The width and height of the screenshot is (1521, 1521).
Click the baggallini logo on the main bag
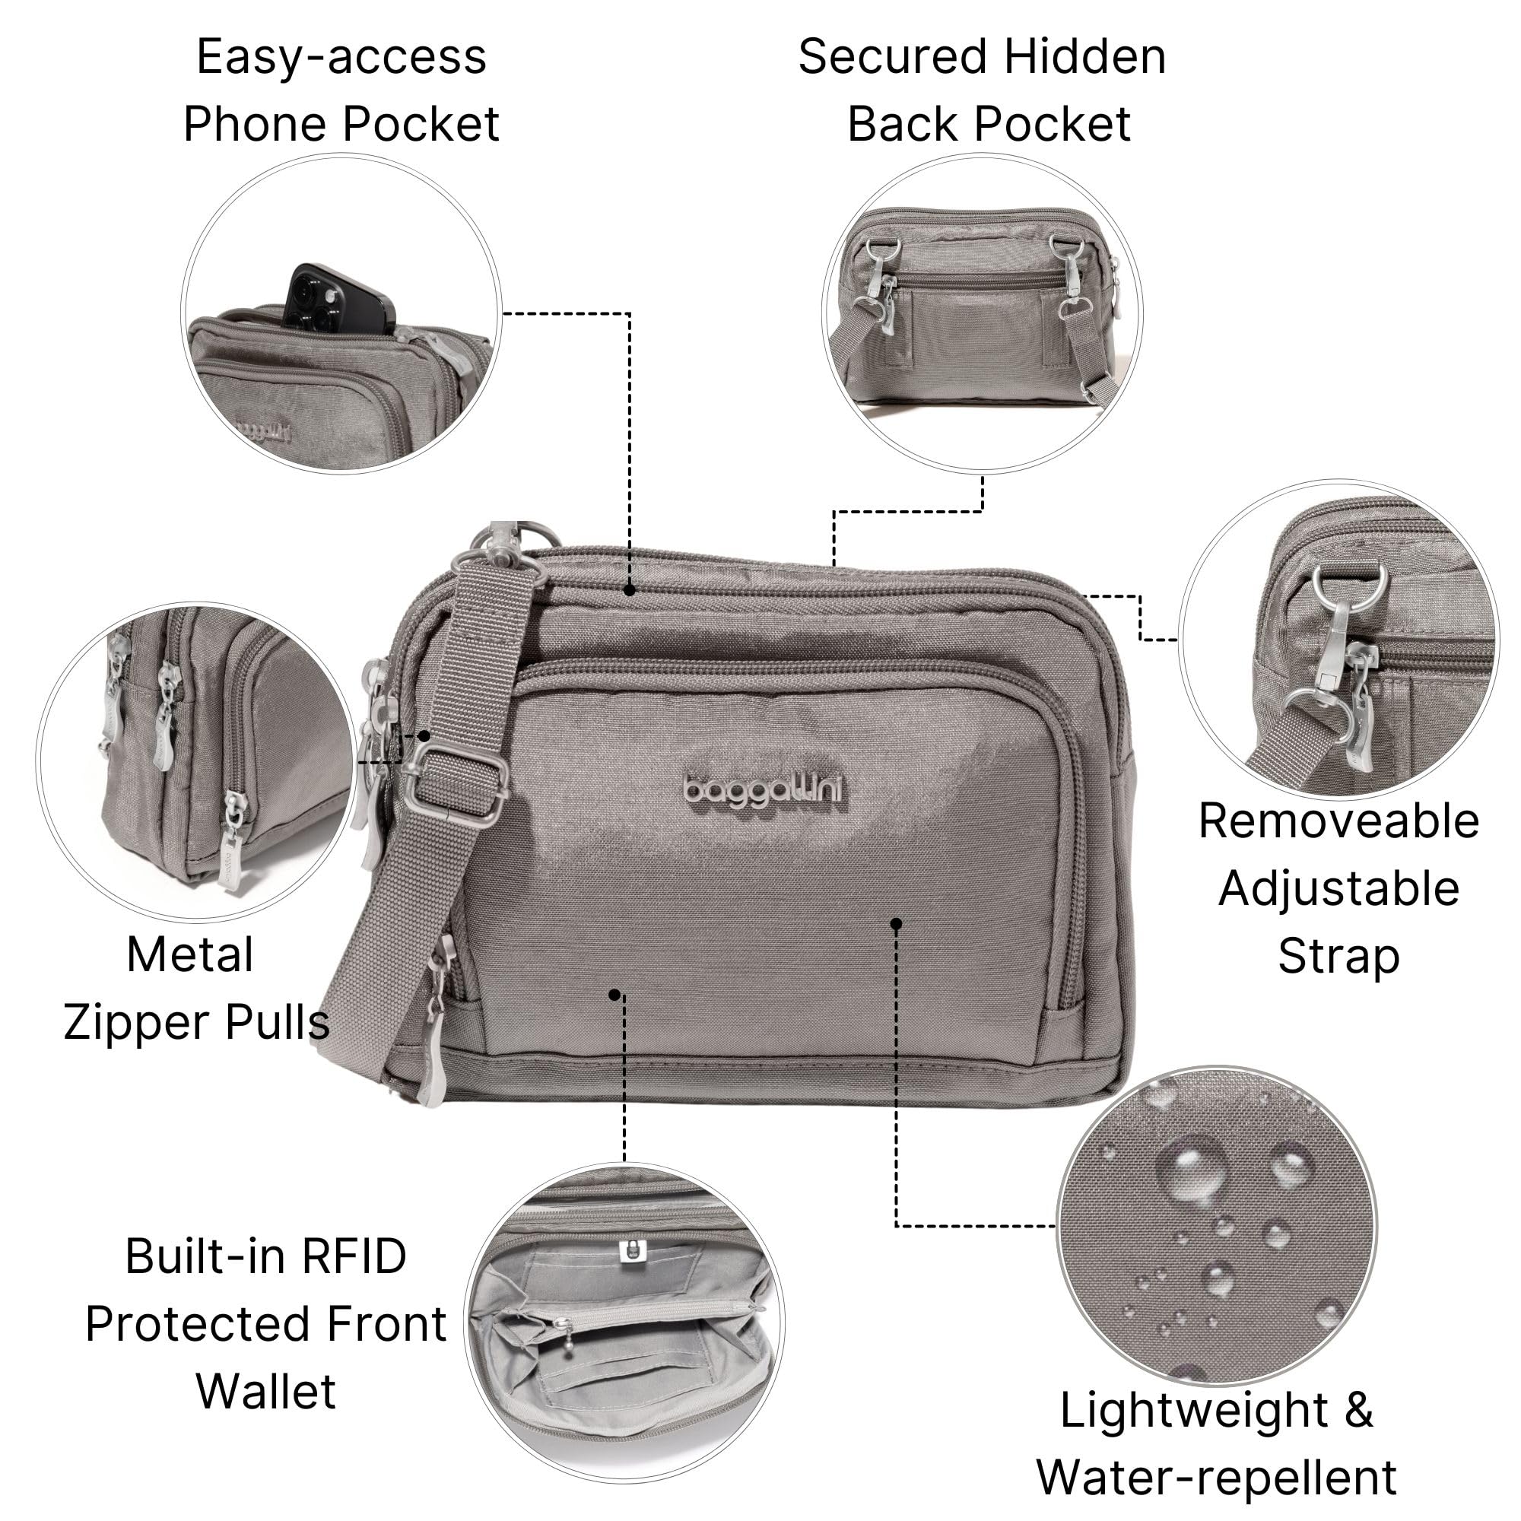[x=764, y=789]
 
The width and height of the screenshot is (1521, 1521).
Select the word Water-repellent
[x=1216, y=1477]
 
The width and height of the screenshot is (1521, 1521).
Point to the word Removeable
[x=1338, y=821]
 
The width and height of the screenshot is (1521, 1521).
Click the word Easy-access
[x=341, y=57]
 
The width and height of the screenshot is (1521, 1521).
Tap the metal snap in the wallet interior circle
[x=630, y=1251]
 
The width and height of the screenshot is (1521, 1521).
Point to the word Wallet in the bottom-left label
[x=266, y=1391]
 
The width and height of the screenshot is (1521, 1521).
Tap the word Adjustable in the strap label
[x=1338, y=889]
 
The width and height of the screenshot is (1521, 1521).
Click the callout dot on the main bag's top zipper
[x=629, y=589]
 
